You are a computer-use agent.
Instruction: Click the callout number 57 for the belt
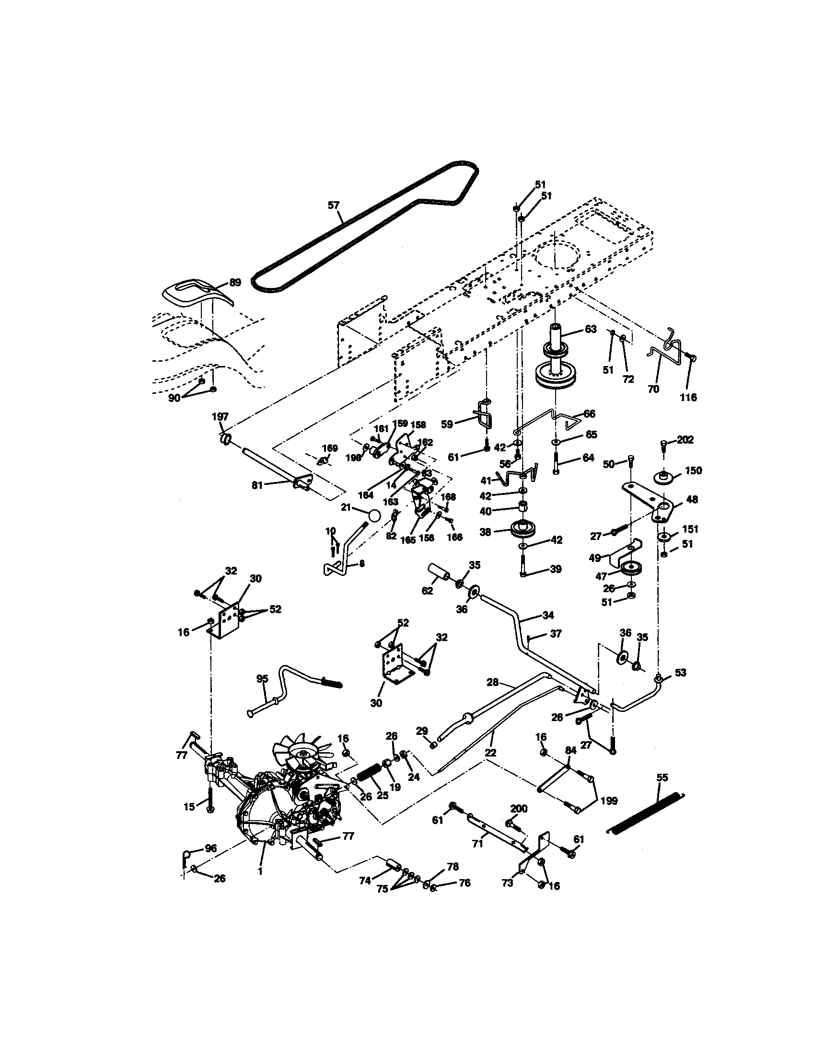334,206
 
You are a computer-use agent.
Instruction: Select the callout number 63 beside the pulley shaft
591,329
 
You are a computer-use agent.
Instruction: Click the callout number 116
688,398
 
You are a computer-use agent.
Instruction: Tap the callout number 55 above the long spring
662,778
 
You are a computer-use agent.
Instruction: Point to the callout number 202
685,440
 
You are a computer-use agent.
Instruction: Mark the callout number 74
365,881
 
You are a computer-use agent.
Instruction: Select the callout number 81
257,485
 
